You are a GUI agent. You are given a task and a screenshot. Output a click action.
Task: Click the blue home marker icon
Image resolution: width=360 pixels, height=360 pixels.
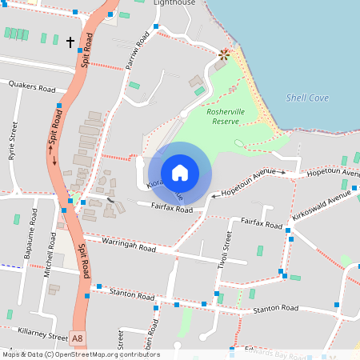pos(180,173)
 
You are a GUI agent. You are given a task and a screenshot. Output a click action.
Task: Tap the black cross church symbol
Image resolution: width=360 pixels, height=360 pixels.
pos(70,42)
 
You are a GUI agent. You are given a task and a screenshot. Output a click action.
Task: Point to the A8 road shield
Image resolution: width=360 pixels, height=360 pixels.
pos(77,339)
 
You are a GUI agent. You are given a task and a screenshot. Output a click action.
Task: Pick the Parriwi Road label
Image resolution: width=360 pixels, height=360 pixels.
pos(138,52)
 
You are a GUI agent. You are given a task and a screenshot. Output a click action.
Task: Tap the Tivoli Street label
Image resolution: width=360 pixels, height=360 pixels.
pos(228,250)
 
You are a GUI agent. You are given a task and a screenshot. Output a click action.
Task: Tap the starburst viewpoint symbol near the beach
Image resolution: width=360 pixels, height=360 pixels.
pos(224,54)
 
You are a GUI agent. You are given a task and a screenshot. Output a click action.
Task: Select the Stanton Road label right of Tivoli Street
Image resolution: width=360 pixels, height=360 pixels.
pos(275,308)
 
